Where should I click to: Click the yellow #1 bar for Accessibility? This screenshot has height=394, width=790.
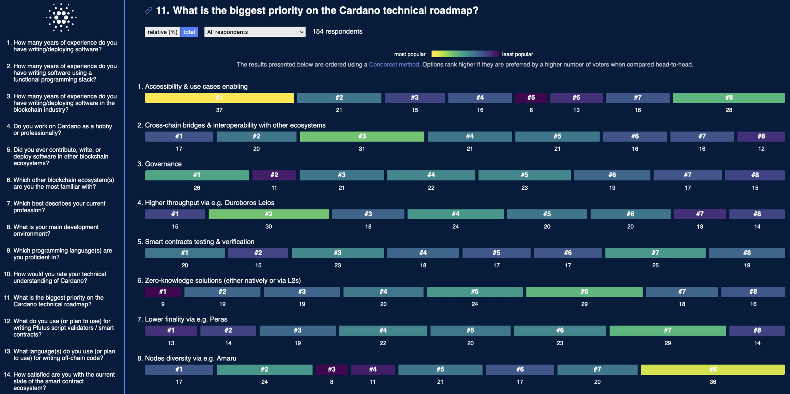[x=219, y=97]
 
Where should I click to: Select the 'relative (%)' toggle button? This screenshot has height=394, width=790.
[x=162, y=32]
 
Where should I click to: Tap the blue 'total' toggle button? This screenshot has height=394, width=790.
[x=189, y=32]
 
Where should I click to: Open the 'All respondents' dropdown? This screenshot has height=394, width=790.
[x=255, y=32]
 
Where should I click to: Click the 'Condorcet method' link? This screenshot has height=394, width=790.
[x=394, y=65]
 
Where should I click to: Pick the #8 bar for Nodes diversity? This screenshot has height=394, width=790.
[x=713, y=369]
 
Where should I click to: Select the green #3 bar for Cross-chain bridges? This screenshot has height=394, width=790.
[x=362, y=136]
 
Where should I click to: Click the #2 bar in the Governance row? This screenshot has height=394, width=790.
[x=274, y=175]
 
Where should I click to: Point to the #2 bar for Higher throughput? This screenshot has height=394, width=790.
[x=268, y=214]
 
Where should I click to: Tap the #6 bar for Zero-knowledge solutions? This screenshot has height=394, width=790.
[x=584, y=291]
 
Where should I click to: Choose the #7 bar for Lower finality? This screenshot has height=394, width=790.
[x=667, y=330]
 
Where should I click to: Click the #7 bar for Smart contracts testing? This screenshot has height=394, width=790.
[x=655, y=253]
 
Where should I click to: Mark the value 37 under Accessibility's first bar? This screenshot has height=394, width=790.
[x=219, y=110]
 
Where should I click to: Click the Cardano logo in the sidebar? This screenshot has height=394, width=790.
[x=61, y=17]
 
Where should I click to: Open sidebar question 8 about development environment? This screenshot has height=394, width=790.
[x=56, y=230]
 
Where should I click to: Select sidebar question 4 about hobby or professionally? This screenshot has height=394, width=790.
[x=63, y=129]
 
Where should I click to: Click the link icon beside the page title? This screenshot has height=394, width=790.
[x=149, y=11]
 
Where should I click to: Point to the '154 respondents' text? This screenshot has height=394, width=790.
[x=337, y=32]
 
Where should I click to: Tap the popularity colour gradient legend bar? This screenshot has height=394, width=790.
[x=465, y=54]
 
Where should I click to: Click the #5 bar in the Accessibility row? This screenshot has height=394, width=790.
[x=531, y=97]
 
